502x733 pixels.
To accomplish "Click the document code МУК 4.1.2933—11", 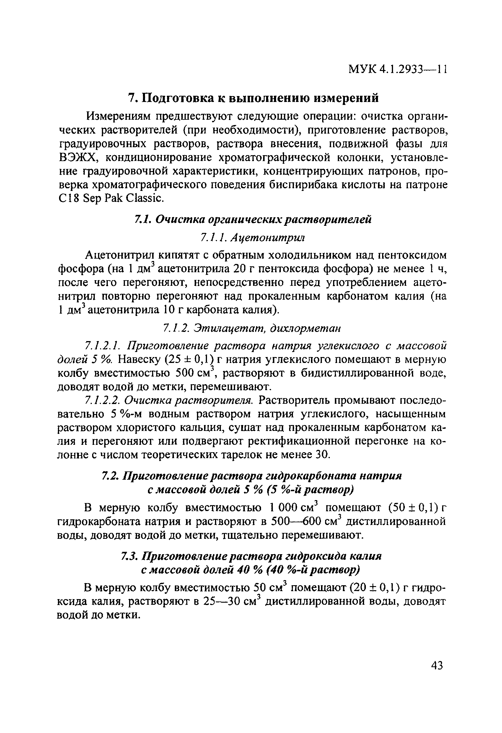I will (x=397, y=69).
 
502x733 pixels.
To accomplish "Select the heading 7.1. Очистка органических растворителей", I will (x=252, y=219).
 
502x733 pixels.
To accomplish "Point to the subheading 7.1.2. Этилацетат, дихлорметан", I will (x=252, y=328).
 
